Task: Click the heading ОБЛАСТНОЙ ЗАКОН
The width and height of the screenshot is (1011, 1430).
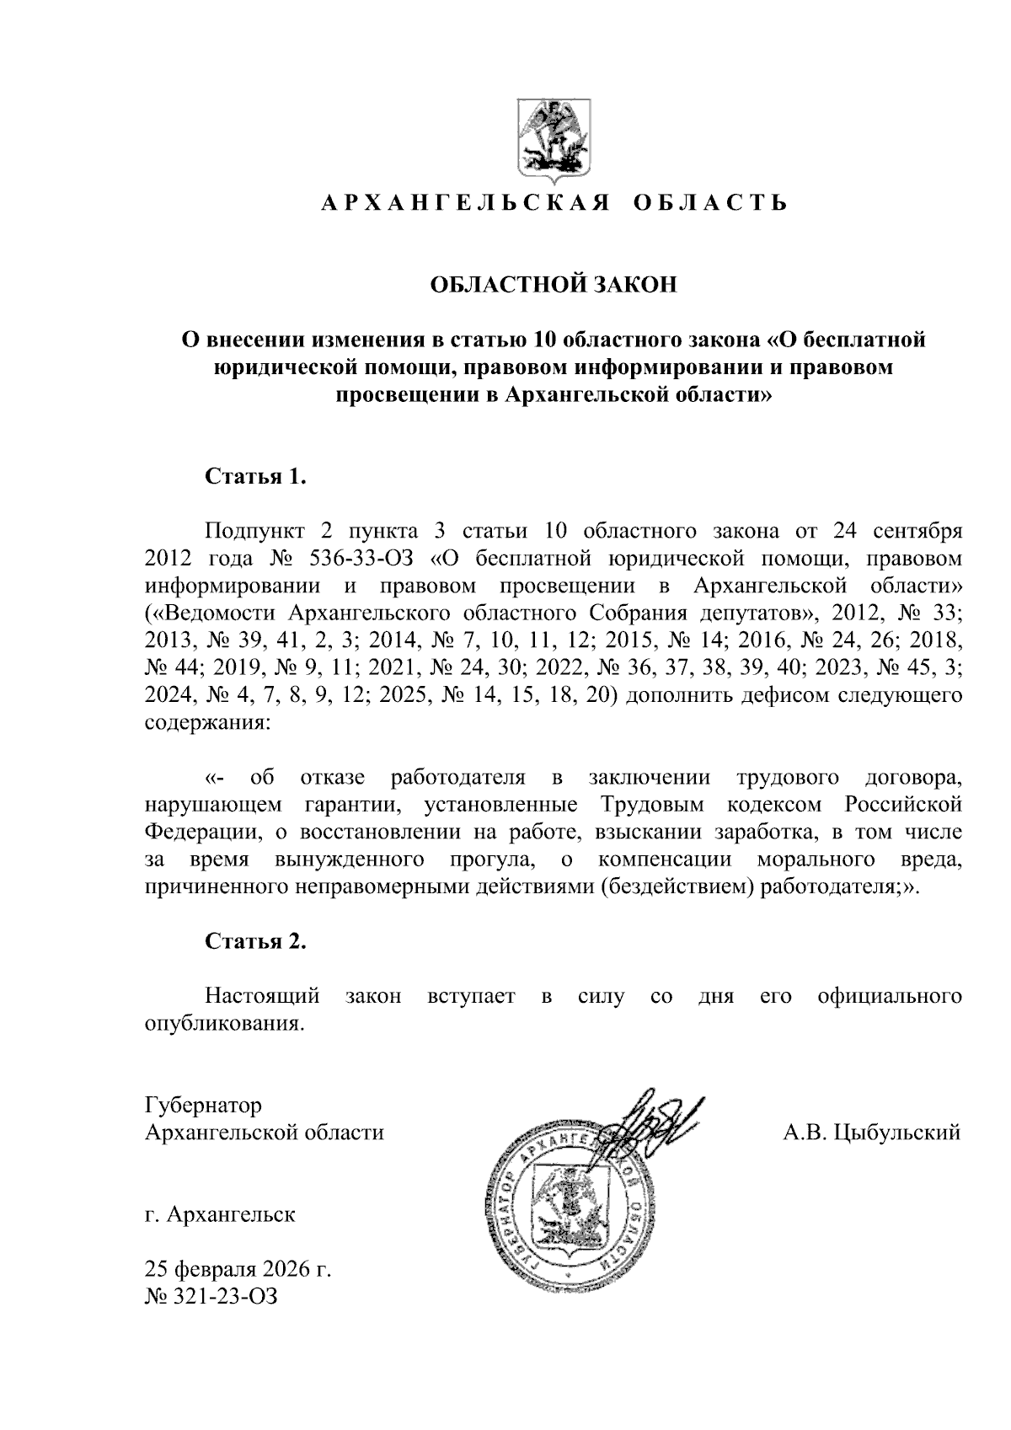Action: pyautogui.click(x=554, y=285)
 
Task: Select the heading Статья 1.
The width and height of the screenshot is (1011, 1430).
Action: pyautogui.click(x=255, y=477)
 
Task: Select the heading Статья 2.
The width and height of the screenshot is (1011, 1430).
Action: pyautogui.click(x=255, y=941)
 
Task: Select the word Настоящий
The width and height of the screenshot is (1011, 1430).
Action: pyautogui.click(x=262, y=997)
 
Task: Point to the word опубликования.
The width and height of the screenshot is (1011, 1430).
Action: pyautogui.click(x=223, y=1025)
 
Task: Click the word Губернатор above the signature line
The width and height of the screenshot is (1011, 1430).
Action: pyautogui.click(x=203, y=1105)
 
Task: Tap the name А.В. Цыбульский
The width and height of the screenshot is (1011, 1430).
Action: pyautogui.click(x=872, y=1133)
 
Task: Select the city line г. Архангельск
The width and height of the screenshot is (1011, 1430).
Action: pyautogui.click(x=220, y=1215)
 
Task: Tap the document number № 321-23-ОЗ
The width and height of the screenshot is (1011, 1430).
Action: pyautogui.click(x=211, y=1297)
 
